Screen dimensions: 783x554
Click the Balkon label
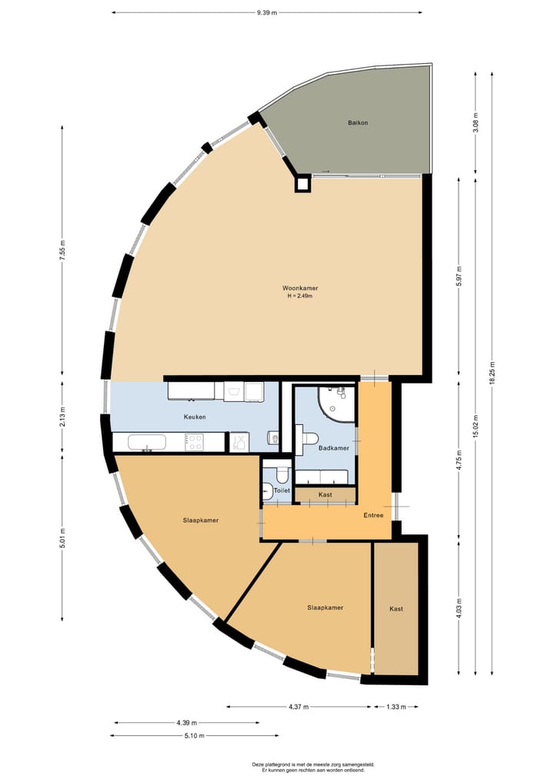pos(357,122)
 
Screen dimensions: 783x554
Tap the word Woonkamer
pos(299,288)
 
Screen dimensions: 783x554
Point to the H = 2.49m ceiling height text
pos(299,296)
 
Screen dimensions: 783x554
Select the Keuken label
pos(194,417)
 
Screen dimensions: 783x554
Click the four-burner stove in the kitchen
pos(195,442)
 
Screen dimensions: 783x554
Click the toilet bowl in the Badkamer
pos(308,438)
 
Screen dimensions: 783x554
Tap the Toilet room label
pos(282,490)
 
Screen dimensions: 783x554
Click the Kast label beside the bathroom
pos(325,494)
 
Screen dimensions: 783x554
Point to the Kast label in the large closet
pos(396,608)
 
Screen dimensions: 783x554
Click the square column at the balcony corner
pos(303,183)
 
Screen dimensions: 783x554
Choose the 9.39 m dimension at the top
pos(267,12)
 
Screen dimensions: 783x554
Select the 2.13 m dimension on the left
pos(62,417)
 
